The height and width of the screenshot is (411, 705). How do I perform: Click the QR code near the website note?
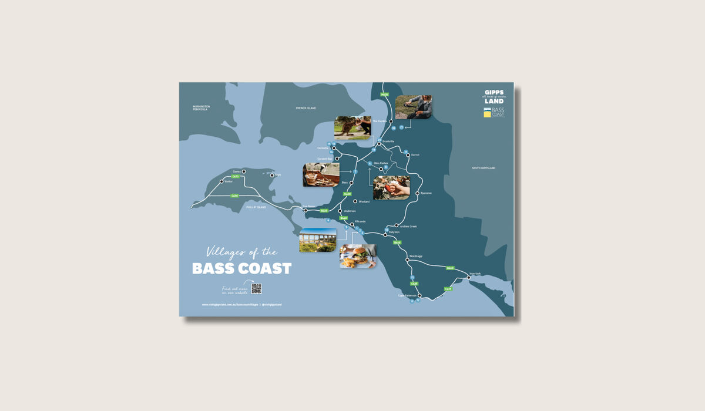(256, 288)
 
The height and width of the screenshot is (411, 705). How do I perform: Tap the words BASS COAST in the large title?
(241, 269)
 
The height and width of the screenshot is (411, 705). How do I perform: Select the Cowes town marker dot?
(244, 171)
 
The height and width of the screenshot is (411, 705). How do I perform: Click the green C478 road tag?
(234, 196)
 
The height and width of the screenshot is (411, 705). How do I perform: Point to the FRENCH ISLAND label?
(306, 109)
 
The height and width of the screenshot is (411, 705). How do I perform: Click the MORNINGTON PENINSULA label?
(201, 108)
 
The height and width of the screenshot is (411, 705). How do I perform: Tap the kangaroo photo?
(352, 127)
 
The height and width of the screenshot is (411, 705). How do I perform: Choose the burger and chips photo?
(357, 256)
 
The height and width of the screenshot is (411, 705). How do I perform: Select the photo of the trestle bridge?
(318, 240)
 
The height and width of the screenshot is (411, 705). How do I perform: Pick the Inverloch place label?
(475, 274)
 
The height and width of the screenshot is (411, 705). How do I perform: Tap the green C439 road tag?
(448, 288)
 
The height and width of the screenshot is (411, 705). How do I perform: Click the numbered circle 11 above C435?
(412, 278)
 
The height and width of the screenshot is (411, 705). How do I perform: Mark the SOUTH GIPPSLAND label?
(484, 168)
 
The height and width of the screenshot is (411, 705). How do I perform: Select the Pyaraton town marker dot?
(418, 193)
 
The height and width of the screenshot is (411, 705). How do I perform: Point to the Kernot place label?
(415, 155)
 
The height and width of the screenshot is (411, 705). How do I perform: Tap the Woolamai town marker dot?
(355, 201)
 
